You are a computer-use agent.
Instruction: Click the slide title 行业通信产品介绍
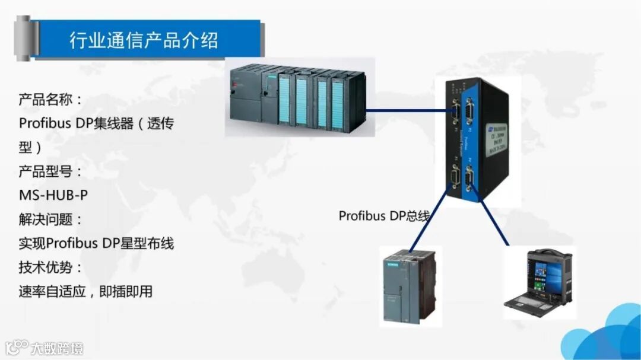144,40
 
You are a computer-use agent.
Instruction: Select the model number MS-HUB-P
53,195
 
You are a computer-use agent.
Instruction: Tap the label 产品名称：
50,99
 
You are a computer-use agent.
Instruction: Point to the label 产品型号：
50,171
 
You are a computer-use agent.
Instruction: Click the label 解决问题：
50,219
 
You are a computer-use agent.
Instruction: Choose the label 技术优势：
50,267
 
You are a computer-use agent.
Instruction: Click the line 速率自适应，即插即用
85,291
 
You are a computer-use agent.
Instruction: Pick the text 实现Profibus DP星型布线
96,243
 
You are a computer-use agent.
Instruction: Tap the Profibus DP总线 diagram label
383,215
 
